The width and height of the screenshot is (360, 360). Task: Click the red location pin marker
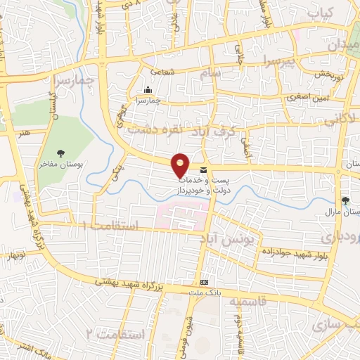pyautogui.click(x=181, y=164)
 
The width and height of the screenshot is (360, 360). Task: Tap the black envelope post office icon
pyautogui.click(x=204, y=170)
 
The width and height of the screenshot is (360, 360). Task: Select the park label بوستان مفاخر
pyautogui.click(x=62, y=163)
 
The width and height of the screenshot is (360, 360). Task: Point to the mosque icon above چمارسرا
pyautogui.click(x=148, y=90)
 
